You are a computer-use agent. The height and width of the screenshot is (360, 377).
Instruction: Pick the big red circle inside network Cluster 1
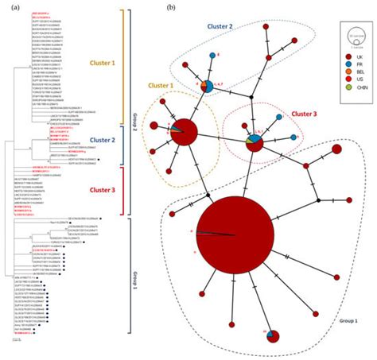click(183, 130)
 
